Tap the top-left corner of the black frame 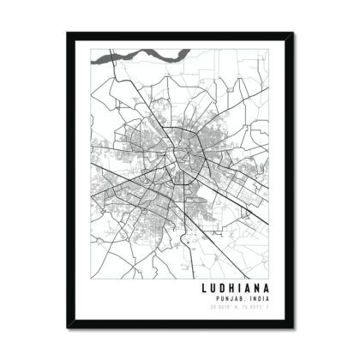pyautogui.click(x=67, y=33)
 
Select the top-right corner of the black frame pyautogui.click(x=293, y=33)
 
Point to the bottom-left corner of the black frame pyautogui.click(x=67, y=327)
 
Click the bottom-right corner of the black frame pyautogui.click(x=293, y=327)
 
